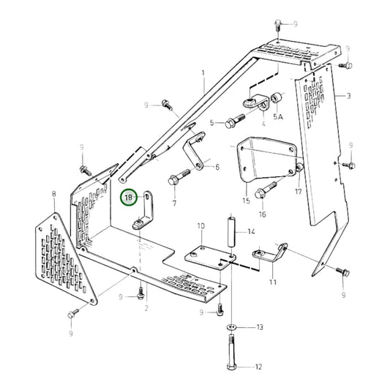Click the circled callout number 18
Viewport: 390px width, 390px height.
coord(130,197)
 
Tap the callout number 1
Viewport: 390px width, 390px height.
coord(203,72)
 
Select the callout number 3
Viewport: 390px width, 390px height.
coord(348,96)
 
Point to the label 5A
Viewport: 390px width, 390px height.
coord(278,116)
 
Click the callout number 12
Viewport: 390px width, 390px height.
coord(259,367)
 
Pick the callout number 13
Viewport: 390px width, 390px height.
coord(259,327)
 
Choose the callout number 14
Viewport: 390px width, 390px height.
coord(251,232)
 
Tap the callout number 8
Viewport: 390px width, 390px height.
coord(54,194)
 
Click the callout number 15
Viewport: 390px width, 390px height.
coord(246,200)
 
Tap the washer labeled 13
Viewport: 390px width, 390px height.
coord(232,326)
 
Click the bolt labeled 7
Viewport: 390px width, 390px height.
coord(179,176)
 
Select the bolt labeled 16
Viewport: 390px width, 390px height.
coord(268,188)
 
